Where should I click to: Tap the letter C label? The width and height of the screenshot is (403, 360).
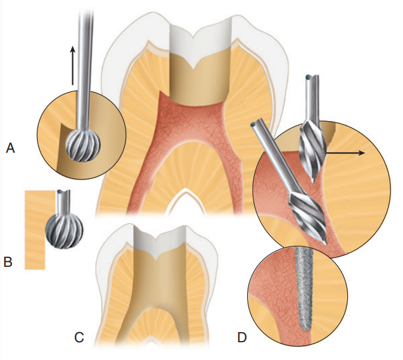[79, 337]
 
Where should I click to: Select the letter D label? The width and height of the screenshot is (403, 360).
[241, 337]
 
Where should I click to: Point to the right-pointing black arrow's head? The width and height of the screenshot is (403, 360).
[363, 153]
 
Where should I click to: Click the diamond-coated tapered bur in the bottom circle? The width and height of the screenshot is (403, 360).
[305, 288]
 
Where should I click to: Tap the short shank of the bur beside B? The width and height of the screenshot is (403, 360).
[63, 202]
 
